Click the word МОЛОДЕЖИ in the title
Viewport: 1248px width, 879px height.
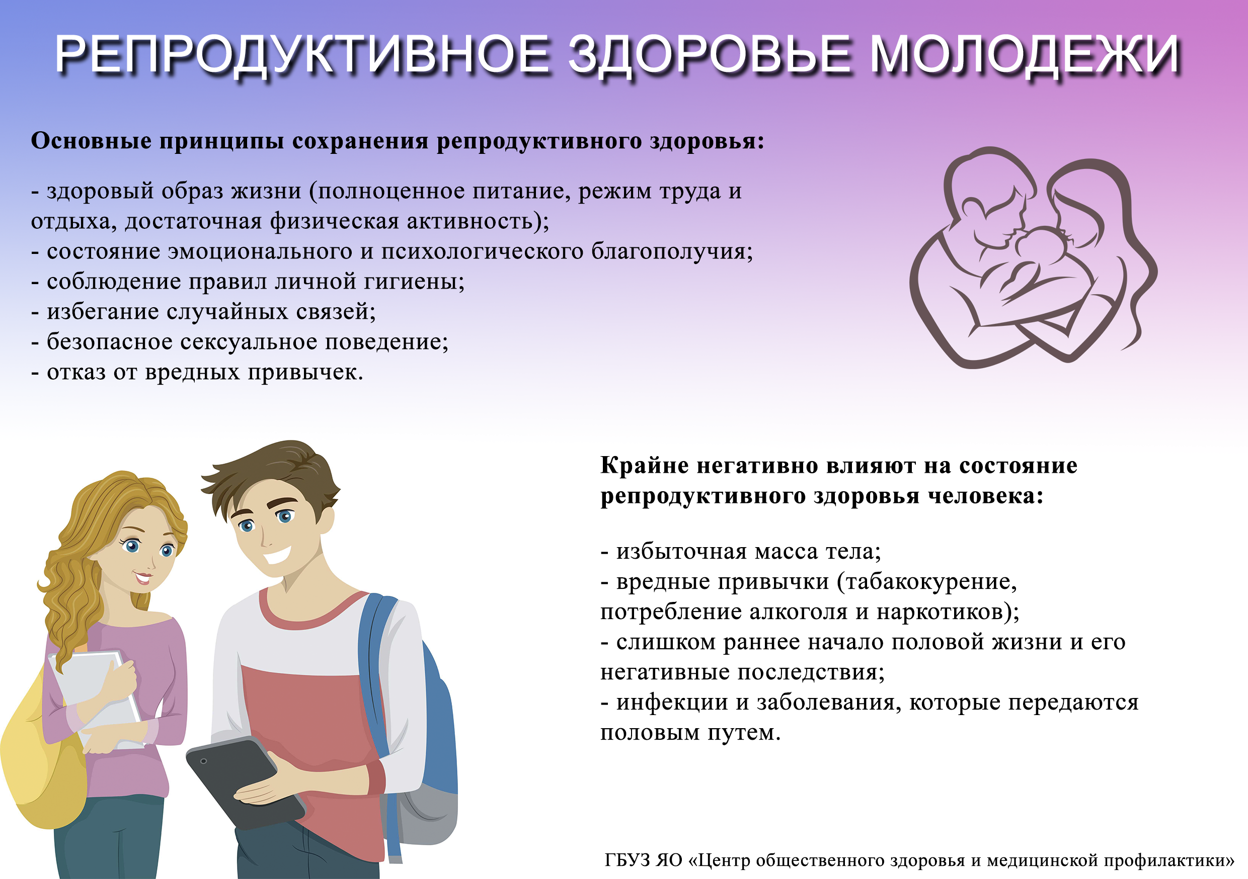click(x=1025, y=54)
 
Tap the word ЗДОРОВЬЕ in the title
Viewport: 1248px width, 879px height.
click(x=710, y=54)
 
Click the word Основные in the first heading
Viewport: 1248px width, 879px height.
click(x=91, y=141)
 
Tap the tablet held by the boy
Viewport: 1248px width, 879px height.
click(x=246, y=783)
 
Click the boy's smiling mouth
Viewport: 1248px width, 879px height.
click(x=277, y=555)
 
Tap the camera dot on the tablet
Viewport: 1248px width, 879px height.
click(x=203, y=761)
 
